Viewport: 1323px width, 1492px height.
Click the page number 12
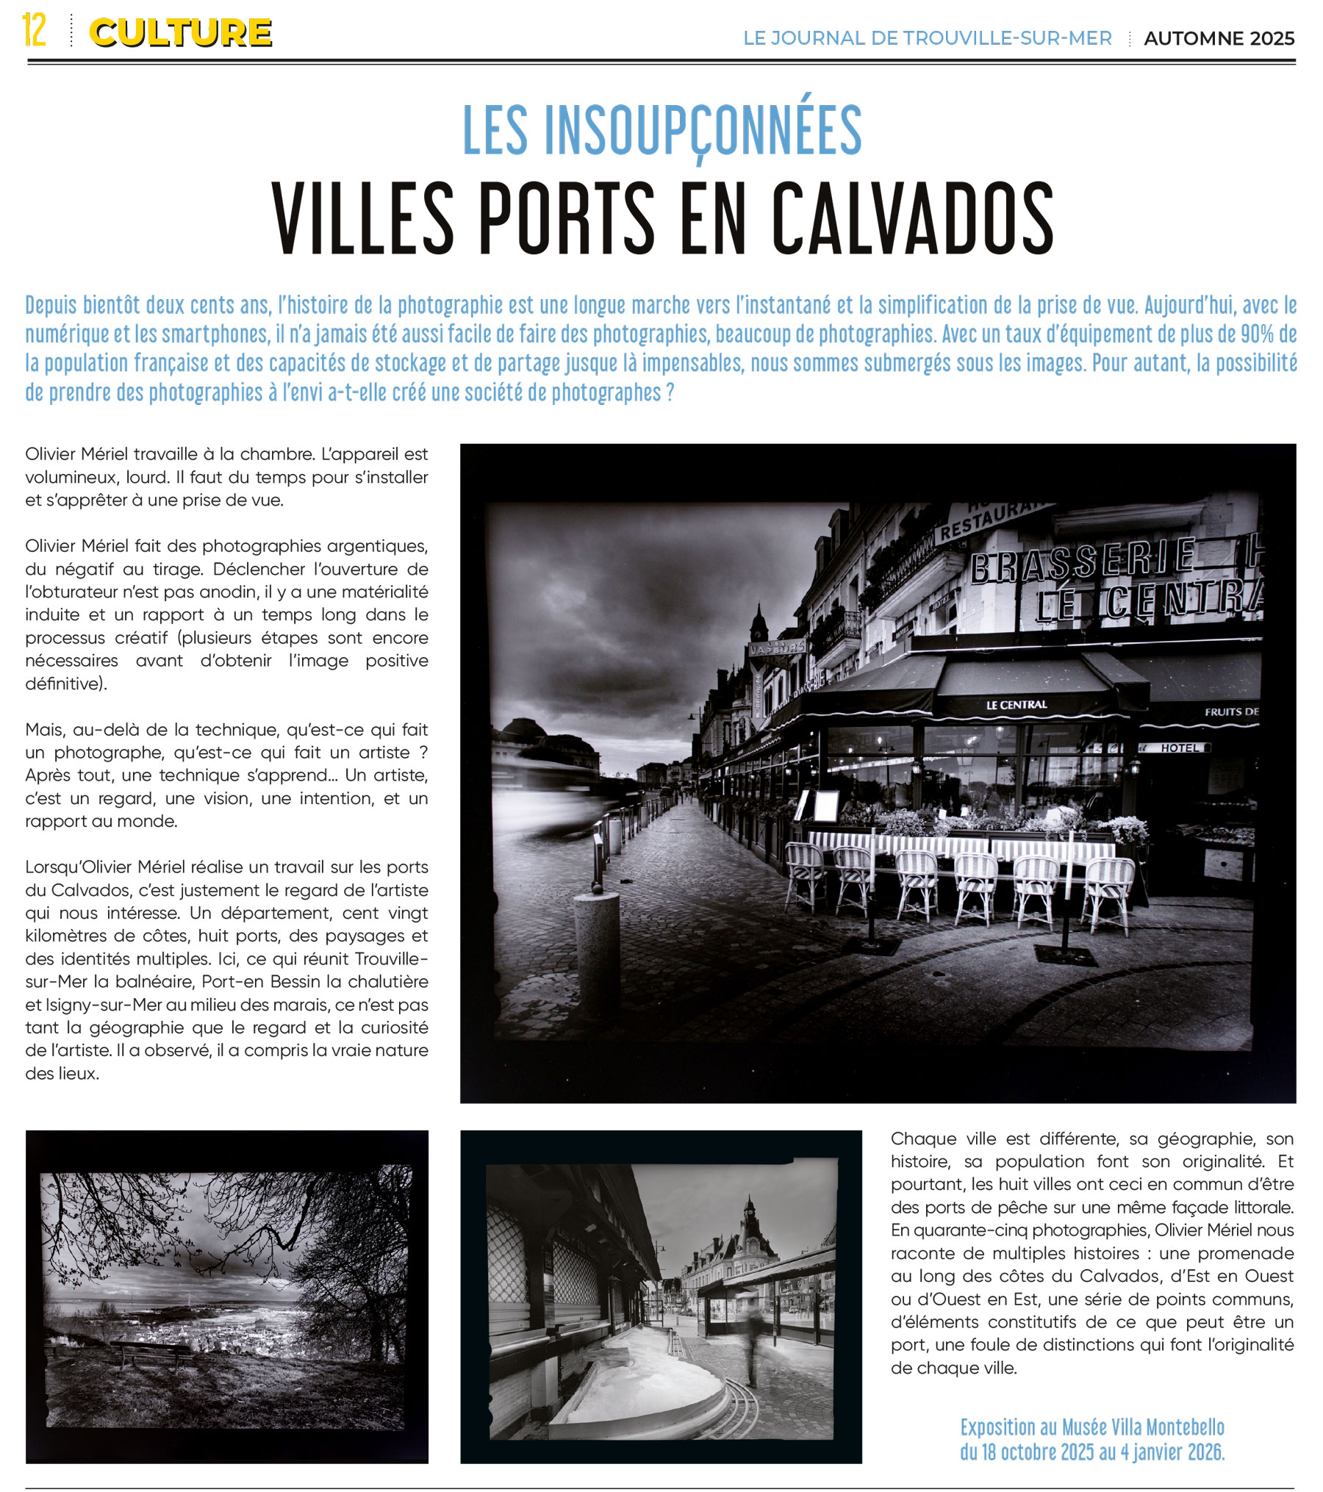click(34, 30)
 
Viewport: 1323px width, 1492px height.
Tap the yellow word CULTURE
click(180, 33)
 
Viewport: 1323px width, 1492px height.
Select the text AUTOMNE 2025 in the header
click(1219, 39)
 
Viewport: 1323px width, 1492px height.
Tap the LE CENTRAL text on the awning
click(1017, 705)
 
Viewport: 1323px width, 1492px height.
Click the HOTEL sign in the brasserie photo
click(1180, 748)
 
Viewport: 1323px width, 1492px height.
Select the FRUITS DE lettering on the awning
click(1231, 711)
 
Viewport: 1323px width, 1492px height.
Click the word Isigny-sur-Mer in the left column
click(94, 1005)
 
